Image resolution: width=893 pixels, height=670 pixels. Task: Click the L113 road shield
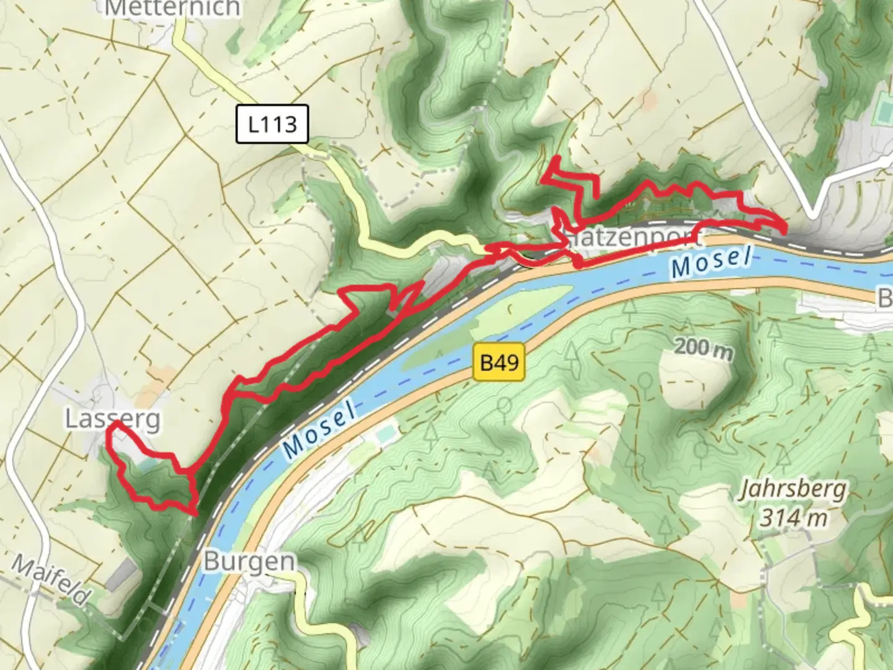tap(272, 124)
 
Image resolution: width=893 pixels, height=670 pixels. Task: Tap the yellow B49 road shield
tap(499, 362)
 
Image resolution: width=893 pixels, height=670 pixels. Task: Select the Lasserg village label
tap(112, 420)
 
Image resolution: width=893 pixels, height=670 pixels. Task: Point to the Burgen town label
tap(249, 562)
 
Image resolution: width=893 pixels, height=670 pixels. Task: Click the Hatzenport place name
tap(631, 237)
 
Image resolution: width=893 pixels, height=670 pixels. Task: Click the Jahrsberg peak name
tap(793, 490)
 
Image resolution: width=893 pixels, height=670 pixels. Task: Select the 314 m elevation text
tap(793, 517)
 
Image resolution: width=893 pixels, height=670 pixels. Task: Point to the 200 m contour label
tap(703, 349)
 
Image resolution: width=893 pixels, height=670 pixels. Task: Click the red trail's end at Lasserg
tap(115, 424)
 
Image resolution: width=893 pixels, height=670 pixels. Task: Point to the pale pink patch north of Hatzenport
tap(649, 99)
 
